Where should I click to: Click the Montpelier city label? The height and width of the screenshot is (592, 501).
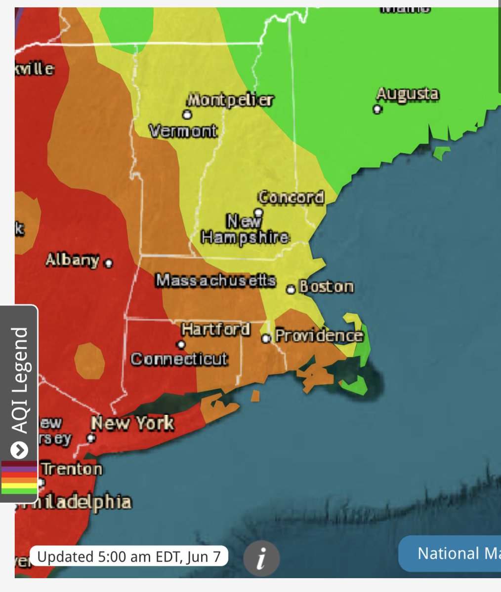[x=230, y=100]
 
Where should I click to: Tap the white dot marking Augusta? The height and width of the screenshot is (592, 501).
[x=377, y=109]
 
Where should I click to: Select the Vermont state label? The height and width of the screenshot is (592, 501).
[x=183, y=131]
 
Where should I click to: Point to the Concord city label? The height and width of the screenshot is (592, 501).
[x=291, y=197]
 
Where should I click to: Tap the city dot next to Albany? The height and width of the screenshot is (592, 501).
[x=108, y=263]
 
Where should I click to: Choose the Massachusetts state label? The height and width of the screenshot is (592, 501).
[x=215, y=280]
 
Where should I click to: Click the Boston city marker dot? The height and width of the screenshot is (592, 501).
[x=291, y=289]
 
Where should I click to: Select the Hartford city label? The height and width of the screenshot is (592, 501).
[x=215, y=329]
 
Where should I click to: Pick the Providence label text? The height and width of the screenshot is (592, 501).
[x=319, y=336]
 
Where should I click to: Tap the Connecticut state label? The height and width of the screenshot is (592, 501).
[x=179, y=359]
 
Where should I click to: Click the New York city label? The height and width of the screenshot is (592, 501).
[x=132, y=423]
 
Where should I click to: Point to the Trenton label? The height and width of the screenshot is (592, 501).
[x=72, y=469]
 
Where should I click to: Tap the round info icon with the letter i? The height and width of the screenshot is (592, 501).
[x=261, y=558]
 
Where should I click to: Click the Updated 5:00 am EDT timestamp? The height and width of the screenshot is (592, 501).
[x=128, y=556]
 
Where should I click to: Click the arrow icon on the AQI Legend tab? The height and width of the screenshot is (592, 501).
[x=19, y=450]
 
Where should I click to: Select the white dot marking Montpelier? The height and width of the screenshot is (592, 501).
[x=187, y=114]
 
